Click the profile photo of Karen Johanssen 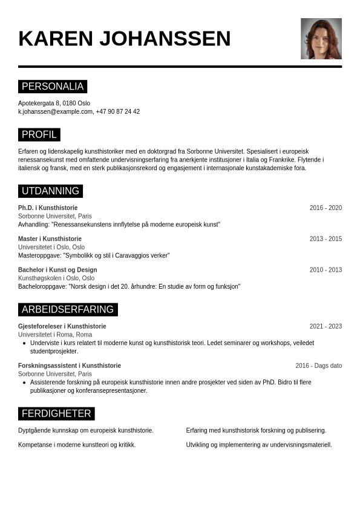(x=321, y=39)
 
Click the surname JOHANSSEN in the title (x=165, y=39)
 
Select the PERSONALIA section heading (x=53, y=87)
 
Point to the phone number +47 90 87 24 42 (x=118, y=112)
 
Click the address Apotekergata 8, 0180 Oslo (x=54, y=103)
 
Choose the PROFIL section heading (x=39, y=135)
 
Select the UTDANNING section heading (x=50, y=191)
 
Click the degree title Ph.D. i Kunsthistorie (x=48, y=208)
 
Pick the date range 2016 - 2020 (x=326, y=208)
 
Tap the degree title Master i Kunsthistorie (x=50, y=239)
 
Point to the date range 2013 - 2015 (x=326, y=239)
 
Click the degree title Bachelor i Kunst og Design (x=57, y=270)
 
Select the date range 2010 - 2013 (x=326, y=270)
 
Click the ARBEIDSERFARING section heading (x=68, y=310)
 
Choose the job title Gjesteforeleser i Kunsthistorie (x=62, y=327)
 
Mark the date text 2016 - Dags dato (x=318, y=366)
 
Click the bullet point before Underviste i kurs (x=24, y=343)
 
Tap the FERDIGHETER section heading (x=56, y=414)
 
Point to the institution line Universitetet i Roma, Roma (x=55, y=335)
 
